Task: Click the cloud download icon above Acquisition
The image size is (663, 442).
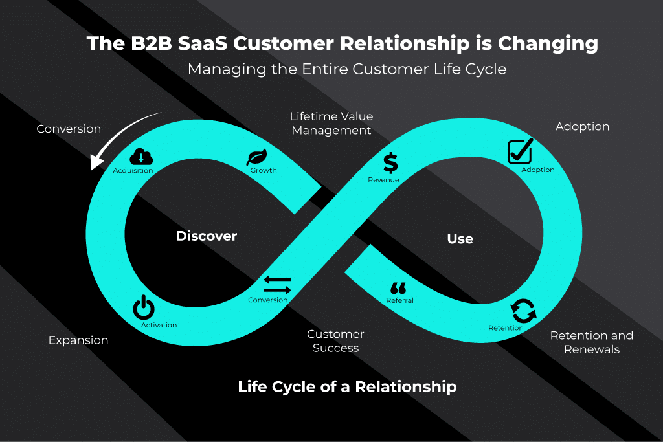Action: (141, 156)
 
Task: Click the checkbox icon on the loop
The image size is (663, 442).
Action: (519, 151)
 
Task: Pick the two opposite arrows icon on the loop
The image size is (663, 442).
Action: (277, 285)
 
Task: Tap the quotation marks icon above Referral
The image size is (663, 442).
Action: (398, 288)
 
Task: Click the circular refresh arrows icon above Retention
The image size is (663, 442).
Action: (523, 311)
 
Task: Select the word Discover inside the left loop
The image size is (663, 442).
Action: (207, 236)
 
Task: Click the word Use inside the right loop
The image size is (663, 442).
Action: (460, 239)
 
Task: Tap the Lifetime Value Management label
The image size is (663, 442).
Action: (331, 124)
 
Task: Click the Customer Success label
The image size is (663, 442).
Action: (335, 341)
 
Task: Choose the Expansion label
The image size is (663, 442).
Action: (78, 340)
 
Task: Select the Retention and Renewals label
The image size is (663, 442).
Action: (591, 342)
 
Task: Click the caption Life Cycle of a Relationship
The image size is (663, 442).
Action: (347, 387)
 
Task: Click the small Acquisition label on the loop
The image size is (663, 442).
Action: (133, 171)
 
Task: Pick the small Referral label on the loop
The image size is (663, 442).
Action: (399, 300)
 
